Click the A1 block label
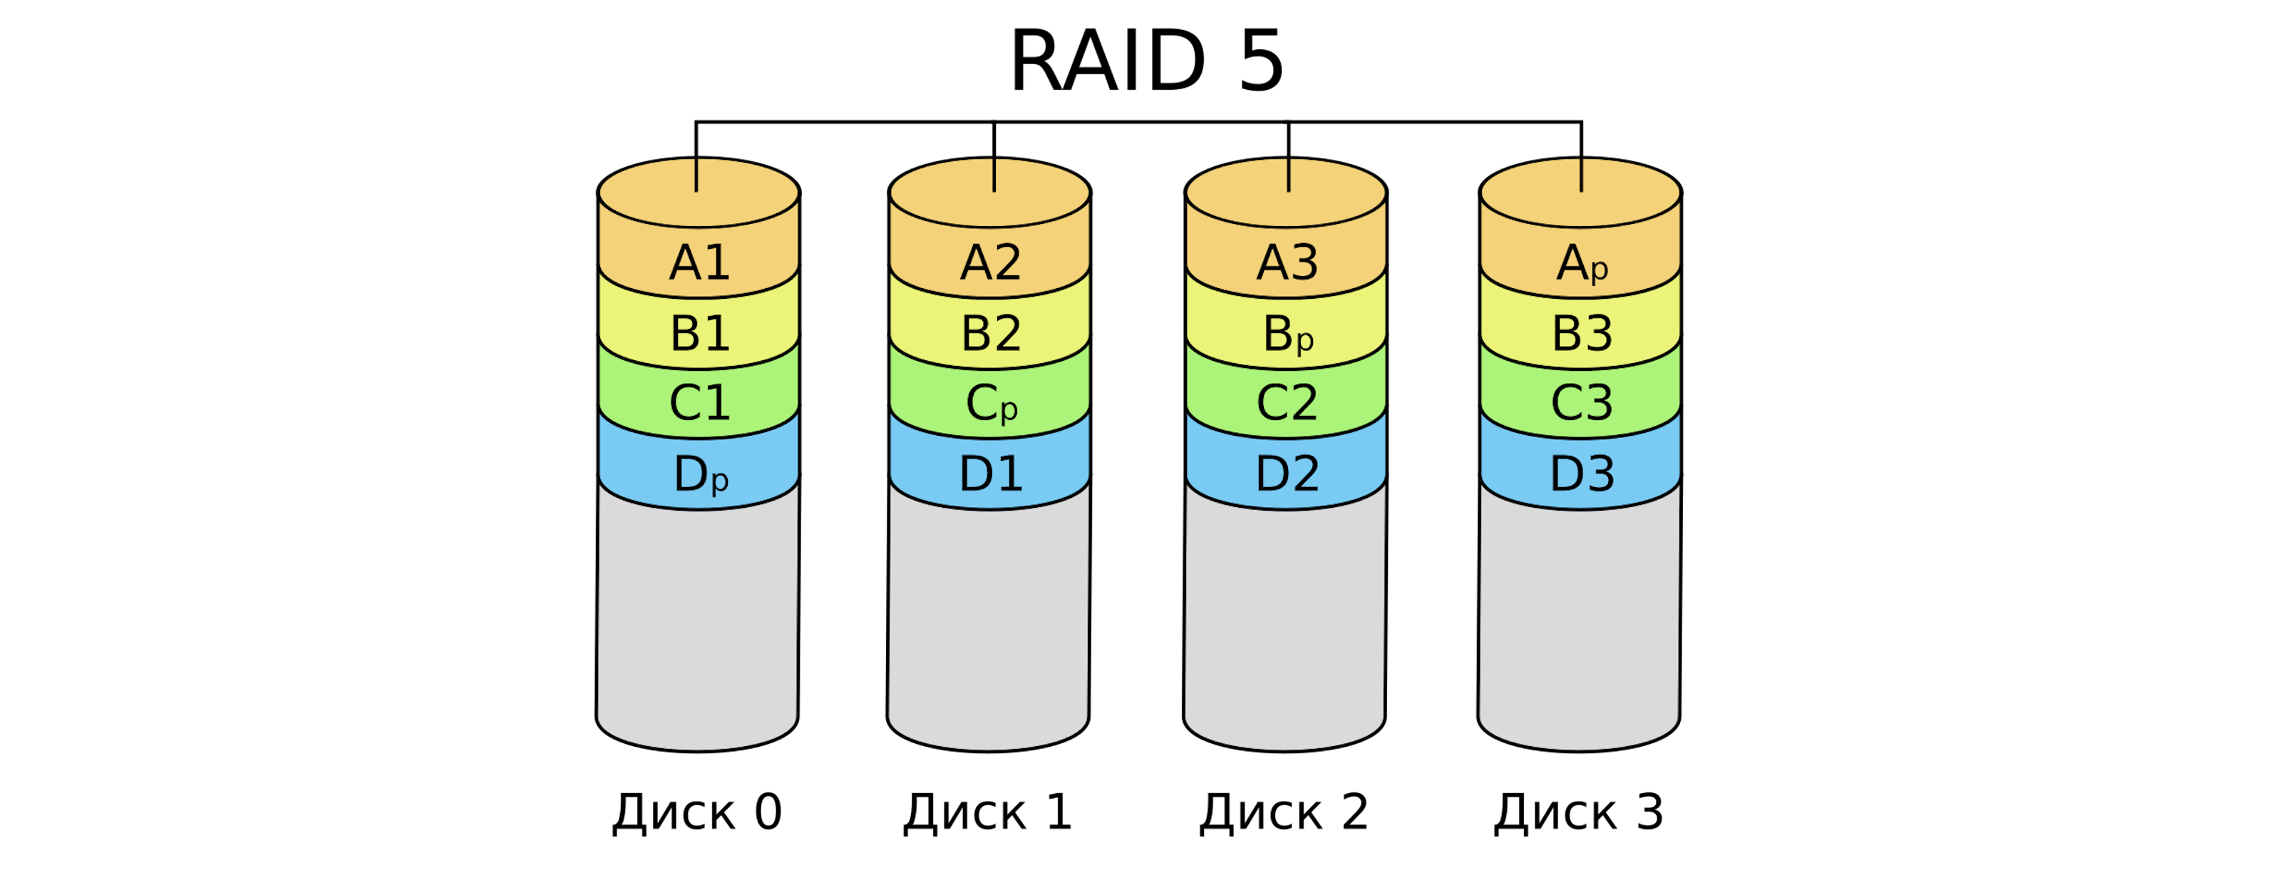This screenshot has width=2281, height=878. [699, 263]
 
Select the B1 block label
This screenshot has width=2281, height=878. [699, 334]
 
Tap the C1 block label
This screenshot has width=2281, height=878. [699, 403]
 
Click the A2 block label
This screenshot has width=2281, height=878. [991, 263]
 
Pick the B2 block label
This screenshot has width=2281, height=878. [991, 334]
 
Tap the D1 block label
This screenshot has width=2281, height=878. [991, 474]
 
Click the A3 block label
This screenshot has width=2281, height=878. [1287, 263]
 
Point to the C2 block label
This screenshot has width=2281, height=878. [1287, 403]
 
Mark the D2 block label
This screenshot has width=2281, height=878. [1287, 474]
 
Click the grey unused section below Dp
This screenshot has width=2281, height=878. [698, 621]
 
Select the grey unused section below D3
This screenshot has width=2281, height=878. [1579, 621]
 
